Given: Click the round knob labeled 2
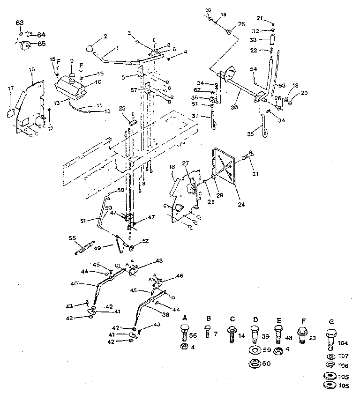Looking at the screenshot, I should point(91,48).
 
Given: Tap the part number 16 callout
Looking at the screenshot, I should point(31,69).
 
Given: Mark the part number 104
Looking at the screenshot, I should point(344,343).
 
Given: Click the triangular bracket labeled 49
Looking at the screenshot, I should point(121,242).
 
